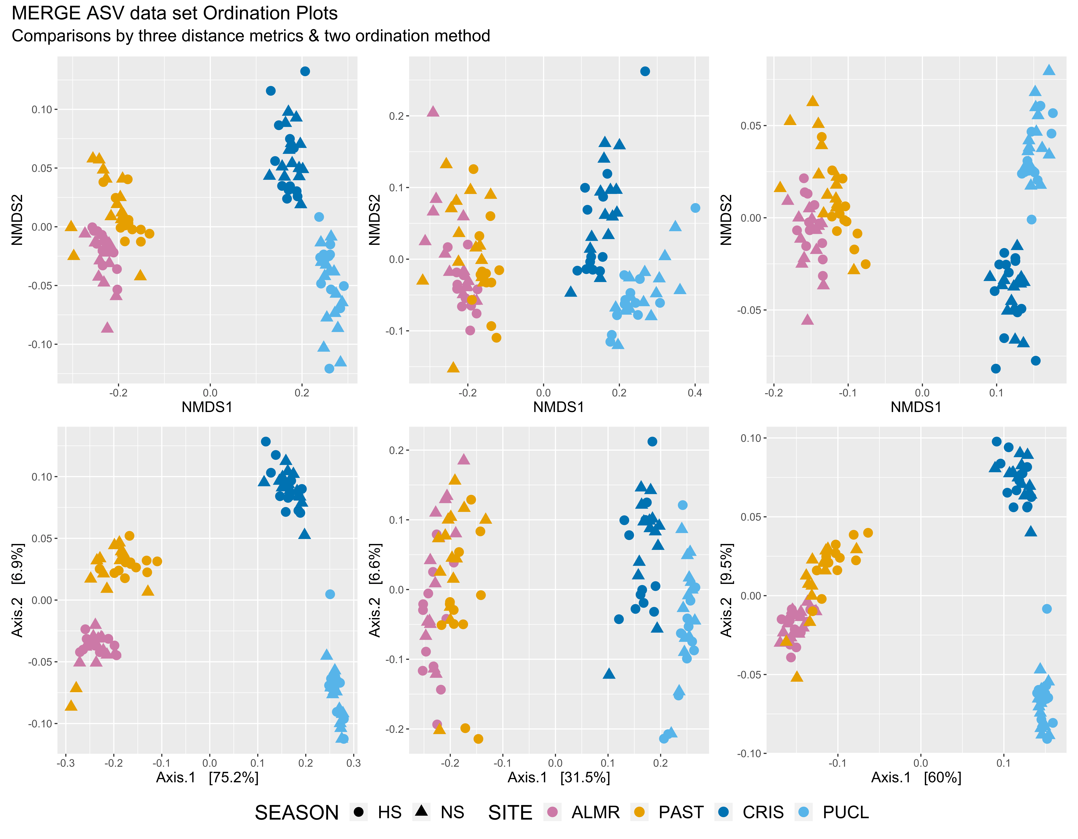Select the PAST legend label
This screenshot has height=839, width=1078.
coord(681,812)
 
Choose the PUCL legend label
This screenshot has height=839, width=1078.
coord(845,812)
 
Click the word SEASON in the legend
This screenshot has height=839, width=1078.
coord(297,813)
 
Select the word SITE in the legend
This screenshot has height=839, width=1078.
coord(510,813)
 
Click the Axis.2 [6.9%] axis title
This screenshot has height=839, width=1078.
coord(17,590)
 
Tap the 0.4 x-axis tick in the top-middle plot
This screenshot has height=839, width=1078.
coord(695,393)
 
